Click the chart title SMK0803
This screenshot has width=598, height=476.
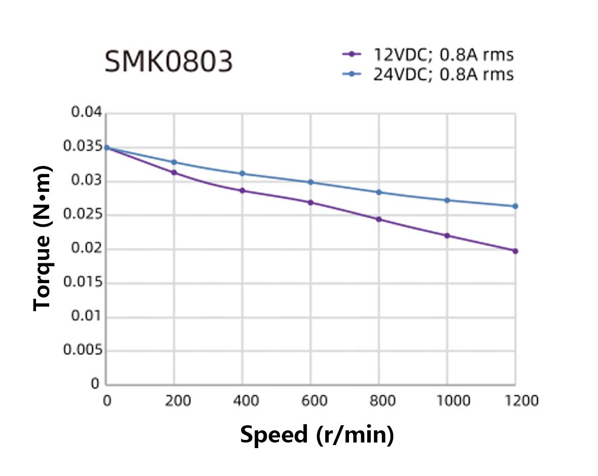coord(168,62)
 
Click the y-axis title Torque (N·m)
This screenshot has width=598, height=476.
coord(43,237)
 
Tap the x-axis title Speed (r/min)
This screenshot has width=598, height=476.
coord(316,435)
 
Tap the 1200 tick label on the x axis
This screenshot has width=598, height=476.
coord(515,401)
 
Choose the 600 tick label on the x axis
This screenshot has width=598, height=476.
coord(310,401)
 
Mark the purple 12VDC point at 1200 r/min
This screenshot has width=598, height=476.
coord(515,251)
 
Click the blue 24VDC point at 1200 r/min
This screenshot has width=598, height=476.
coord(515,206)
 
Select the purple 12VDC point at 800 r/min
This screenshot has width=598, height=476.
coord(379,219)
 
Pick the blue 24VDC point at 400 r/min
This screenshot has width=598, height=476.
coord(242,174)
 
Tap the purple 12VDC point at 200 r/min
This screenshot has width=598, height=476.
coord(174,173)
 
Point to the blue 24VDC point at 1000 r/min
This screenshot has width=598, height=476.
coord(447,200)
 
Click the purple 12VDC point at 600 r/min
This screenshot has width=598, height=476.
coord(310,202)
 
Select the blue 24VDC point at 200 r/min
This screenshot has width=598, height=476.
coord(174,162)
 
